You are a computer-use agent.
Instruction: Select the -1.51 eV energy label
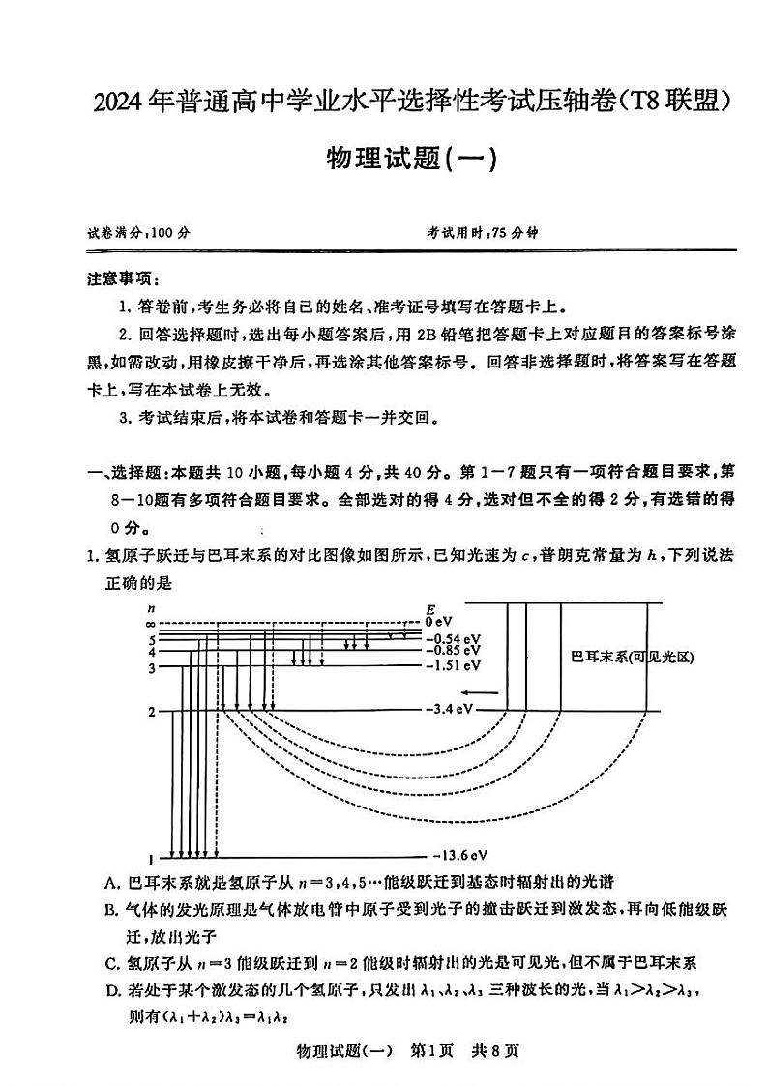[x=453, y=666]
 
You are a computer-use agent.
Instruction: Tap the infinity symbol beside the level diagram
[x=150, y=625]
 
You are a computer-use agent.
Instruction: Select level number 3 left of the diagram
[x=151, y=668]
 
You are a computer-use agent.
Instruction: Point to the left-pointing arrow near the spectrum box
[x=479, y=692]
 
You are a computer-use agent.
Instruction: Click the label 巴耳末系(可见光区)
[x=634, y=658]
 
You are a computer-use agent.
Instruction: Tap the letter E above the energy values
[x=430, y=609]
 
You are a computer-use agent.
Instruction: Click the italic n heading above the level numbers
[x=150, y=608]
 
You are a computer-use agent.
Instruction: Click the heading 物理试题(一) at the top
[x=412, y=159]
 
